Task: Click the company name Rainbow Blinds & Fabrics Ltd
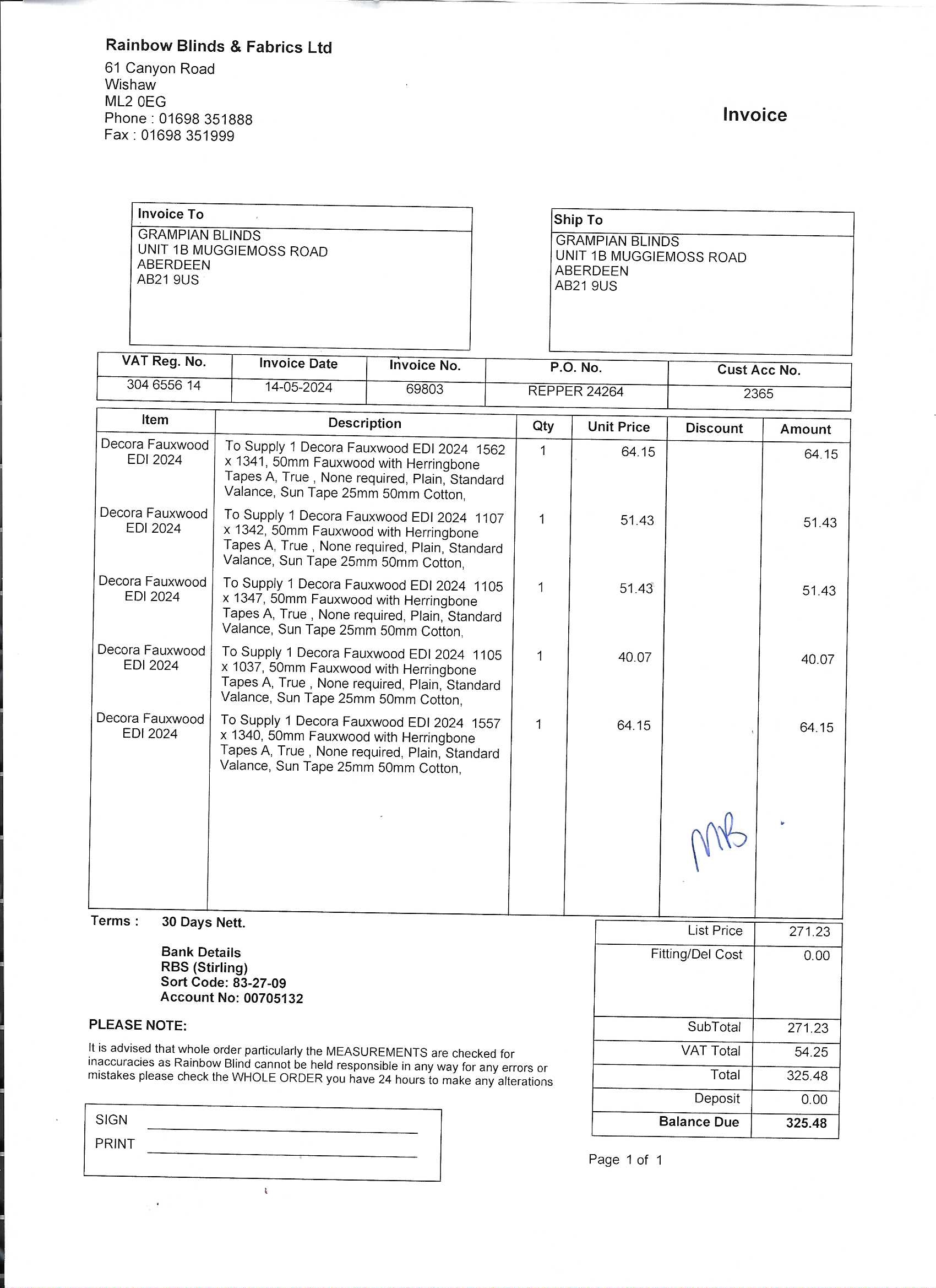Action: click(219, 46)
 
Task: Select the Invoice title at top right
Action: click(754, 115)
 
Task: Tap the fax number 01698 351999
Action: click(187, 136)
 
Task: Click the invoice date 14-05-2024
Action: click(298, 388)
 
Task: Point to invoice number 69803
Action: click(425, 389)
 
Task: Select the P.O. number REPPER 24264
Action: click(575, 392)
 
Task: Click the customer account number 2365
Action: click(758, 394)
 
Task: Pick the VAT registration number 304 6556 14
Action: click(164, 385)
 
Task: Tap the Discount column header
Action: click(714, 429)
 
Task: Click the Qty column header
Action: click(543, 426)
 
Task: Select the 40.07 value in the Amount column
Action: click(818, 660)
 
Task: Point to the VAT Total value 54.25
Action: click(810, 1052)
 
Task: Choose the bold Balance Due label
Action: click(698, 1122)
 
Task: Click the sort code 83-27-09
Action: click(259, 983)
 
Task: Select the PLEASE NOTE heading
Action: click(137, 1026)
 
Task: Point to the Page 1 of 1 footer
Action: click(625, 1160)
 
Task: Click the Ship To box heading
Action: click(578, 220)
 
